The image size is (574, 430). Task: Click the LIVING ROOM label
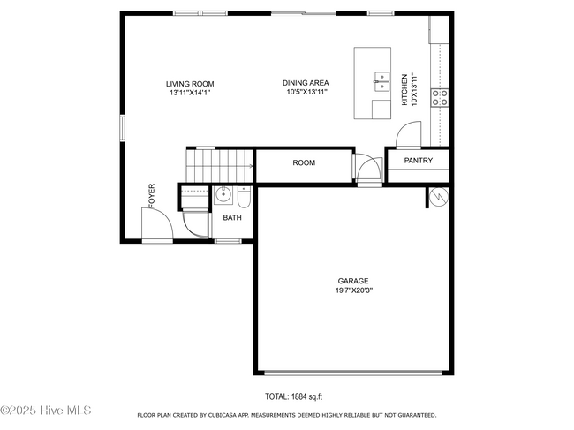[x=190, y=84]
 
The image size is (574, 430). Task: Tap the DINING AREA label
[x=306, y=83]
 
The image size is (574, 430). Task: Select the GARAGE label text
[x=353, y=281]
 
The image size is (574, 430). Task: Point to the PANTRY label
[x=419, y=161]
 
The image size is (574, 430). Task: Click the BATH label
[x=232, y=218]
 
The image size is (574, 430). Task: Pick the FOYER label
[x=152, y=196]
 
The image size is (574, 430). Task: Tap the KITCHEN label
[x=404, y=90]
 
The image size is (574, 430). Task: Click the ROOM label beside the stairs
[x=304, y=162]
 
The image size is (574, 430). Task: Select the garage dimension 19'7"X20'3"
[x=354, y=291]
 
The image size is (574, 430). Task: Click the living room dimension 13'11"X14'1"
[x=190, y=93]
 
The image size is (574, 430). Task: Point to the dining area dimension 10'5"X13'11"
[x=306, y=92]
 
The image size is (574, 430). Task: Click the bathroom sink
[x=223, y=195]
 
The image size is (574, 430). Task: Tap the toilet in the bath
[x=244, y=198]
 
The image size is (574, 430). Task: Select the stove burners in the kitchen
[x=440, y=98]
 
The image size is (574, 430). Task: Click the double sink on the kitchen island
[x=381, y=82]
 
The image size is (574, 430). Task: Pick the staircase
[x=220, y=165]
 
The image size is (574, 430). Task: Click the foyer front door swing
[x=157, y=223]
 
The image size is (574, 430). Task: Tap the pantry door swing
[x=409, y=134]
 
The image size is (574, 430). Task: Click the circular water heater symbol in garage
[x=439, y=197]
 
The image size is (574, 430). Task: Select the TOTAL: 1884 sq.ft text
[x=293, y=396]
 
